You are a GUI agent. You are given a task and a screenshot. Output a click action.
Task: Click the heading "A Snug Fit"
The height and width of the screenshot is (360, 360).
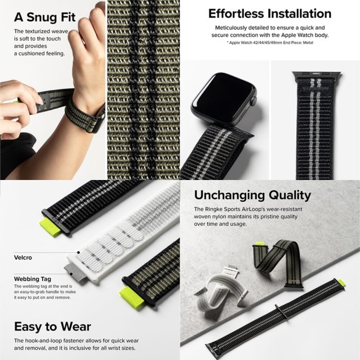click(x=45, y=17)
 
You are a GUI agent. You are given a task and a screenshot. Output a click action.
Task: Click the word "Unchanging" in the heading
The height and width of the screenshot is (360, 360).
click(x=229, y=195)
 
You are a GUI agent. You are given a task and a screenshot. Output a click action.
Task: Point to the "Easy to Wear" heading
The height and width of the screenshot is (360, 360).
click(x=52, y=327)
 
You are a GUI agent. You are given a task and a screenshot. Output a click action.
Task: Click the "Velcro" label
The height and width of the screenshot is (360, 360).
click(x=23, y=258)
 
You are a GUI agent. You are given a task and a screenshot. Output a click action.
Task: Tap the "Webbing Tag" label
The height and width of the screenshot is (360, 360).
click(x=32, y=279)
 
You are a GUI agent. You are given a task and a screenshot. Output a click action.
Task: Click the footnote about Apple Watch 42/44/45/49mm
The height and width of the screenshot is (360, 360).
click(x=270, y=43)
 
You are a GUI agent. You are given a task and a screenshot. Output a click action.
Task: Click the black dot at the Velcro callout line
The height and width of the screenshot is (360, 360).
click(x=79, y=253)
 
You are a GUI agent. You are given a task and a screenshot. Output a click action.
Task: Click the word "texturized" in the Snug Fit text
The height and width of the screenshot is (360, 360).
click(x=38, y=31)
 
